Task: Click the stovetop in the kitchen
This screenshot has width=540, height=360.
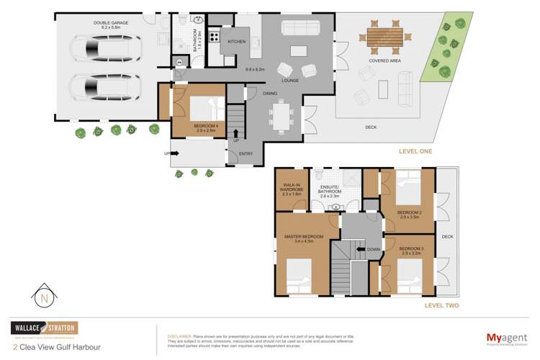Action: point(214,35)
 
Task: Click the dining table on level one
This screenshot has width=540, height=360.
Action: point(282,115)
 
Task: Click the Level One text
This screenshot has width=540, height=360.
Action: point(415,151)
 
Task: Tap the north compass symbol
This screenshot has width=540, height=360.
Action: point(43,297)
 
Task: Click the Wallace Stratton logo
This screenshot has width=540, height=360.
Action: point(43,328)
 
